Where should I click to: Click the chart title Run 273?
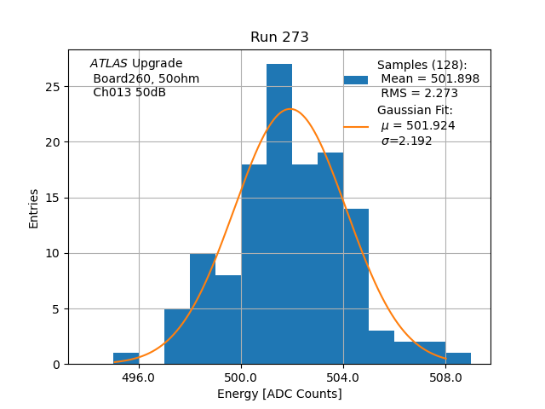coord(279,37)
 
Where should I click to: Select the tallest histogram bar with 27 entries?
coord(279,213)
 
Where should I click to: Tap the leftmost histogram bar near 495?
coord(126,359)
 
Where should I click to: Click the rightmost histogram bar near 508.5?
coord(458,359)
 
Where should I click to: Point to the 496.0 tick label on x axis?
coord(139,376)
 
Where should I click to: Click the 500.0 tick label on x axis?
coord(241,376)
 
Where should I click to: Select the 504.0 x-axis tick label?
coord(343,376)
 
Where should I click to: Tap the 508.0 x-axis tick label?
coord(445,376)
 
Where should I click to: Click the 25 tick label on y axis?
coord(53,87)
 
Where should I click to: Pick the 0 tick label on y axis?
coord(56,364)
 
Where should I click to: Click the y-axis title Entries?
coord(34,209)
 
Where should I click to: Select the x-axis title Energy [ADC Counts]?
coord(279,394)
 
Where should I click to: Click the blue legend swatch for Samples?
coord(356,79)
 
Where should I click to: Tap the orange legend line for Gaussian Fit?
coord(356,126)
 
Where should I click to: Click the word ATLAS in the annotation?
coord(108,64)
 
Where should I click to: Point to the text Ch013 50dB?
coord(129,93)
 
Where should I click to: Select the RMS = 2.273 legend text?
coord(419,94)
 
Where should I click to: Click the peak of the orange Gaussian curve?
coord(291,109)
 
